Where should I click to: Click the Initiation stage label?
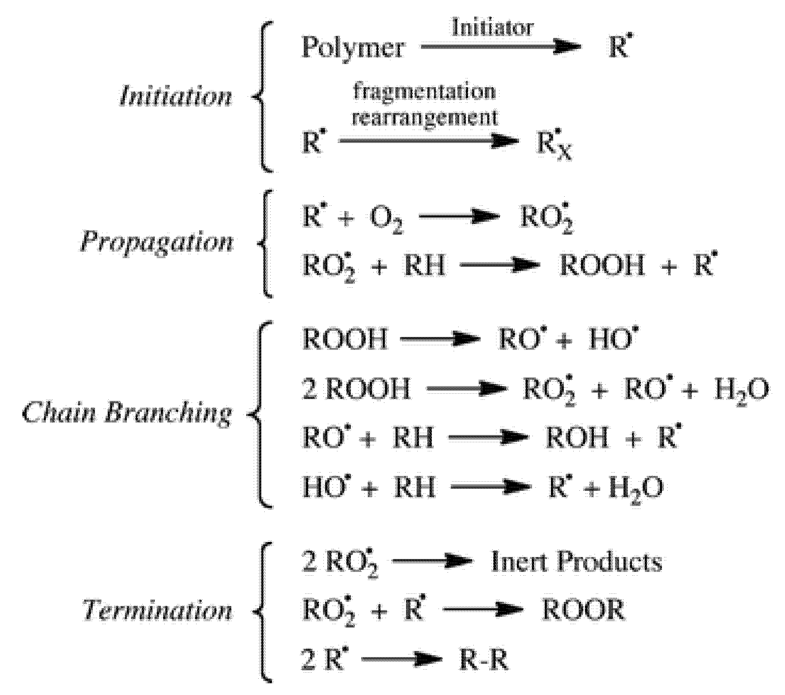tap(175, 96)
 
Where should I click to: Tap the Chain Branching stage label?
tap(128, 415)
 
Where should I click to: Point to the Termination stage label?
tap(158, 611)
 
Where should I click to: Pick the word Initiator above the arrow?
tap(493, 28)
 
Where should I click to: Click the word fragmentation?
tap(424, 92)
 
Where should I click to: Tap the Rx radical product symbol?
tap(553, 146)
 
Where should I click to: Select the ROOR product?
tap(583, 610)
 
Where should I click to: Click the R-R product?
tap(484, 661)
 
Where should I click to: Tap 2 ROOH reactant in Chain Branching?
tap(356, 389)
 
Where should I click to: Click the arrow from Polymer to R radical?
tap(501, 47)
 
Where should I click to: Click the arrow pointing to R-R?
tap(402, 660)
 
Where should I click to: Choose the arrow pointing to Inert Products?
tap(432, 562)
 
